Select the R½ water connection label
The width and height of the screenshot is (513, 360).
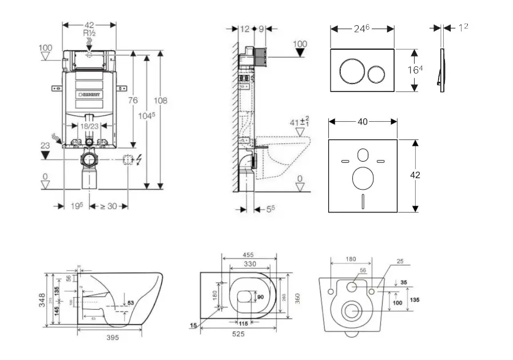[x=89, y=34]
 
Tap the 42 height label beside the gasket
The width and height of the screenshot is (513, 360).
[x=415, y=175]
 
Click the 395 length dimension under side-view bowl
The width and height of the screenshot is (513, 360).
[x=113, y=338]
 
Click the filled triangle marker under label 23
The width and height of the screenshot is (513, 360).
[x=46, y=155]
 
